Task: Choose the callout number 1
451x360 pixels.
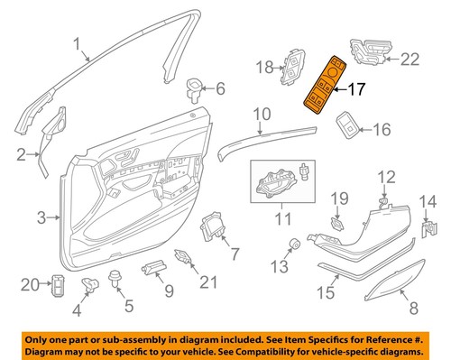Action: coord(77,42)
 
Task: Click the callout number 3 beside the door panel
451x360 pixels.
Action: coord(41,217)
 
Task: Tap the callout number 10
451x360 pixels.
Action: coord(261,115)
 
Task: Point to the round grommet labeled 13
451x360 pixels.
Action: coord(295,243)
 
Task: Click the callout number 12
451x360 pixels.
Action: coord(385,176)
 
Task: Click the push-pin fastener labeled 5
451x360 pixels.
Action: coord(115,276)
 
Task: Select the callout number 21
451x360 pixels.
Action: coord(208,283)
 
